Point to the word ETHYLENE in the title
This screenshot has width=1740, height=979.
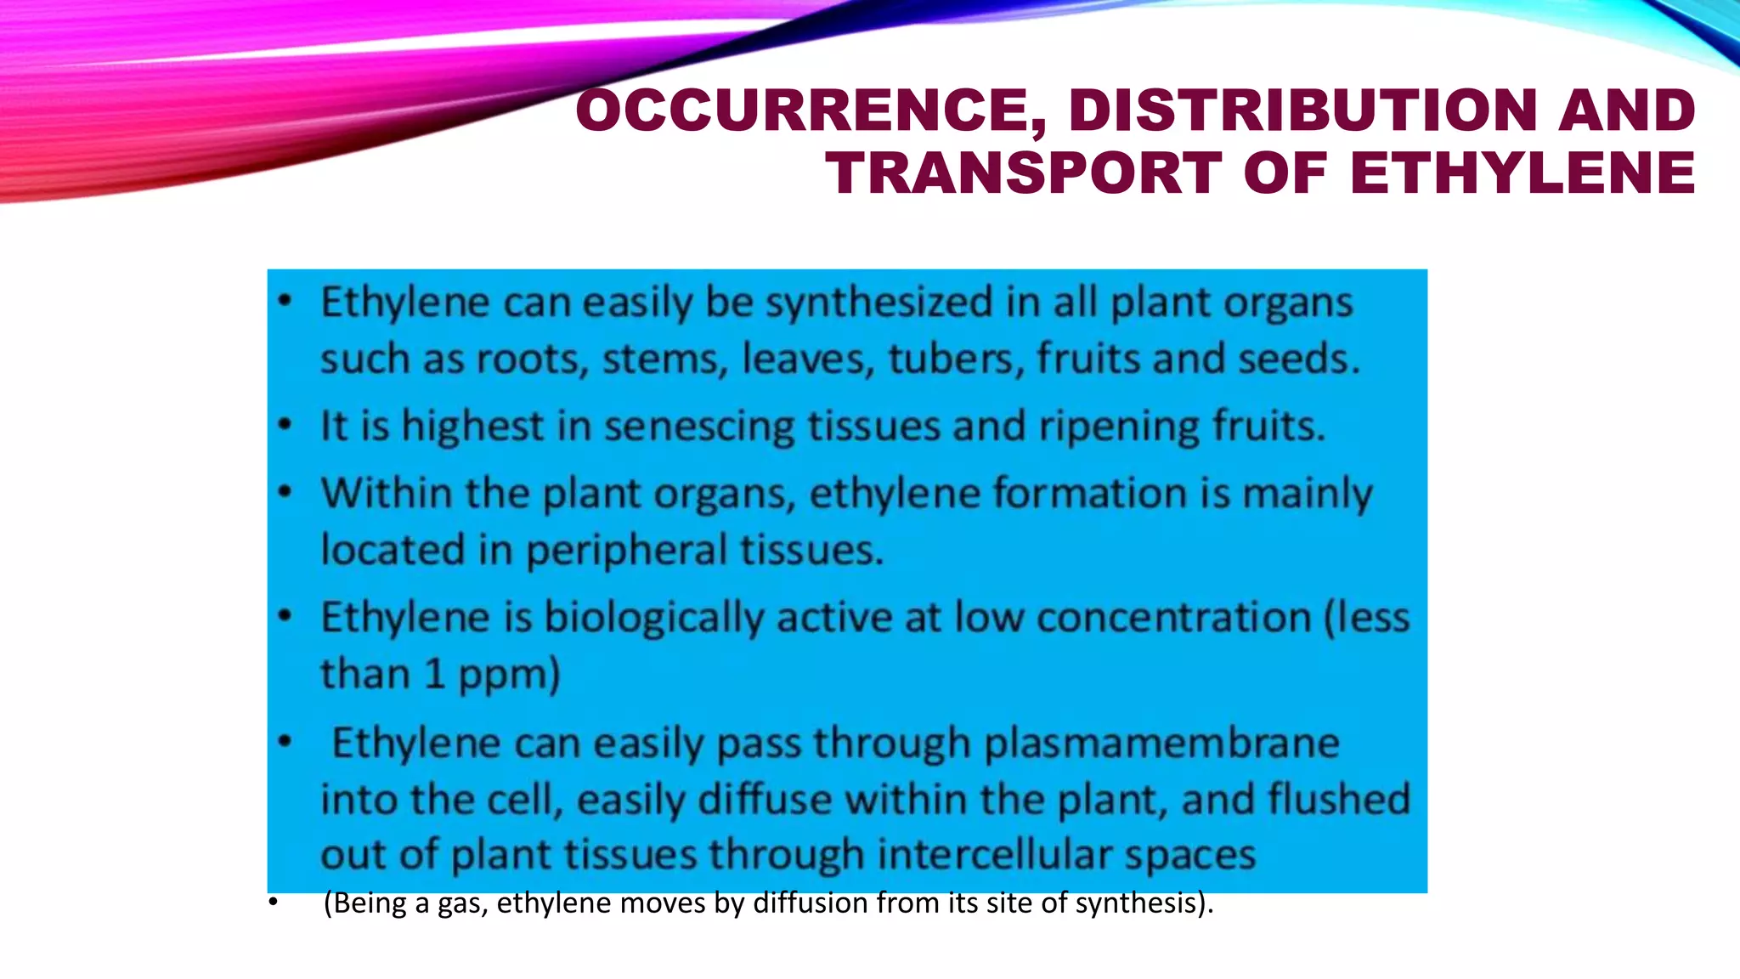coord(1522,173)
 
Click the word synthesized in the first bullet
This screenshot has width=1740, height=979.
coord(878,303)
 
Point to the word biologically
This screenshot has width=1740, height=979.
coord(653,618)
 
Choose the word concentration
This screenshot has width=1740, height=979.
coord(1173,618)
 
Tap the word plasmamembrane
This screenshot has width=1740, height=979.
coord(1161,744)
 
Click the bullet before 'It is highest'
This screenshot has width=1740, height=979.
coord(285,425)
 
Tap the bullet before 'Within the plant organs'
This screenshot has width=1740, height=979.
coord(285,492)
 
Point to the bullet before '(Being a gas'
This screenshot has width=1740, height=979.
coord(273,903)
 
